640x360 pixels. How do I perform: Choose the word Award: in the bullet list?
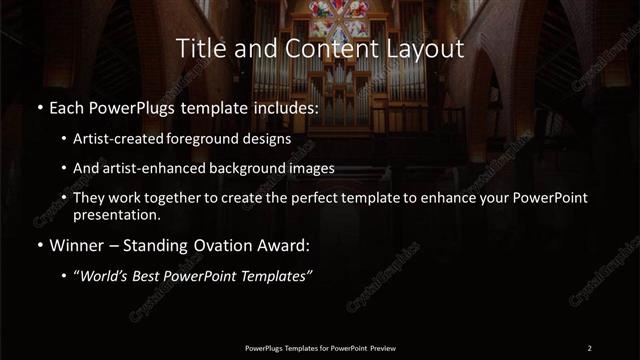(283, 245)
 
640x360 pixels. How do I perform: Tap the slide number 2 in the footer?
(590, 347)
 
